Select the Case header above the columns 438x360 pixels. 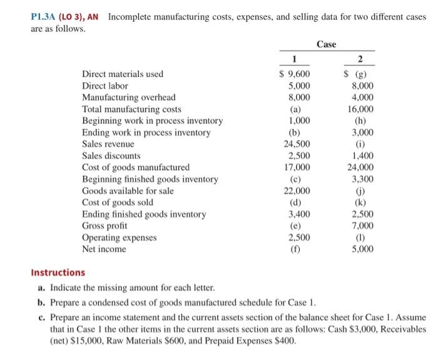tap(326, 44)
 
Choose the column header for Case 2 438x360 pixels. tap(360, 61)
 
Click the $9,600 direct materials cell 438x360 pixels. tap(294, 74)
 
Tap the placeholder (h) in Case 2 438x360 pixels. tap(360, 121)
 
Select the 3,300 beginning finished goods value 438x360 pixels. tap(362, 179)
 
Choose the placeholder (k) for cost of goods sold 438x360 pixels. tap(360, 202)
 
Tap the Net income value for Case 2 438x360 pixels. tap(362, 249)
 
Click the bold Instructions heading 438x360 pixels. tap(58, 273)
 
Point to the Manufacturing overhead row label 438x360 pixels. tap(129, 97)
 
